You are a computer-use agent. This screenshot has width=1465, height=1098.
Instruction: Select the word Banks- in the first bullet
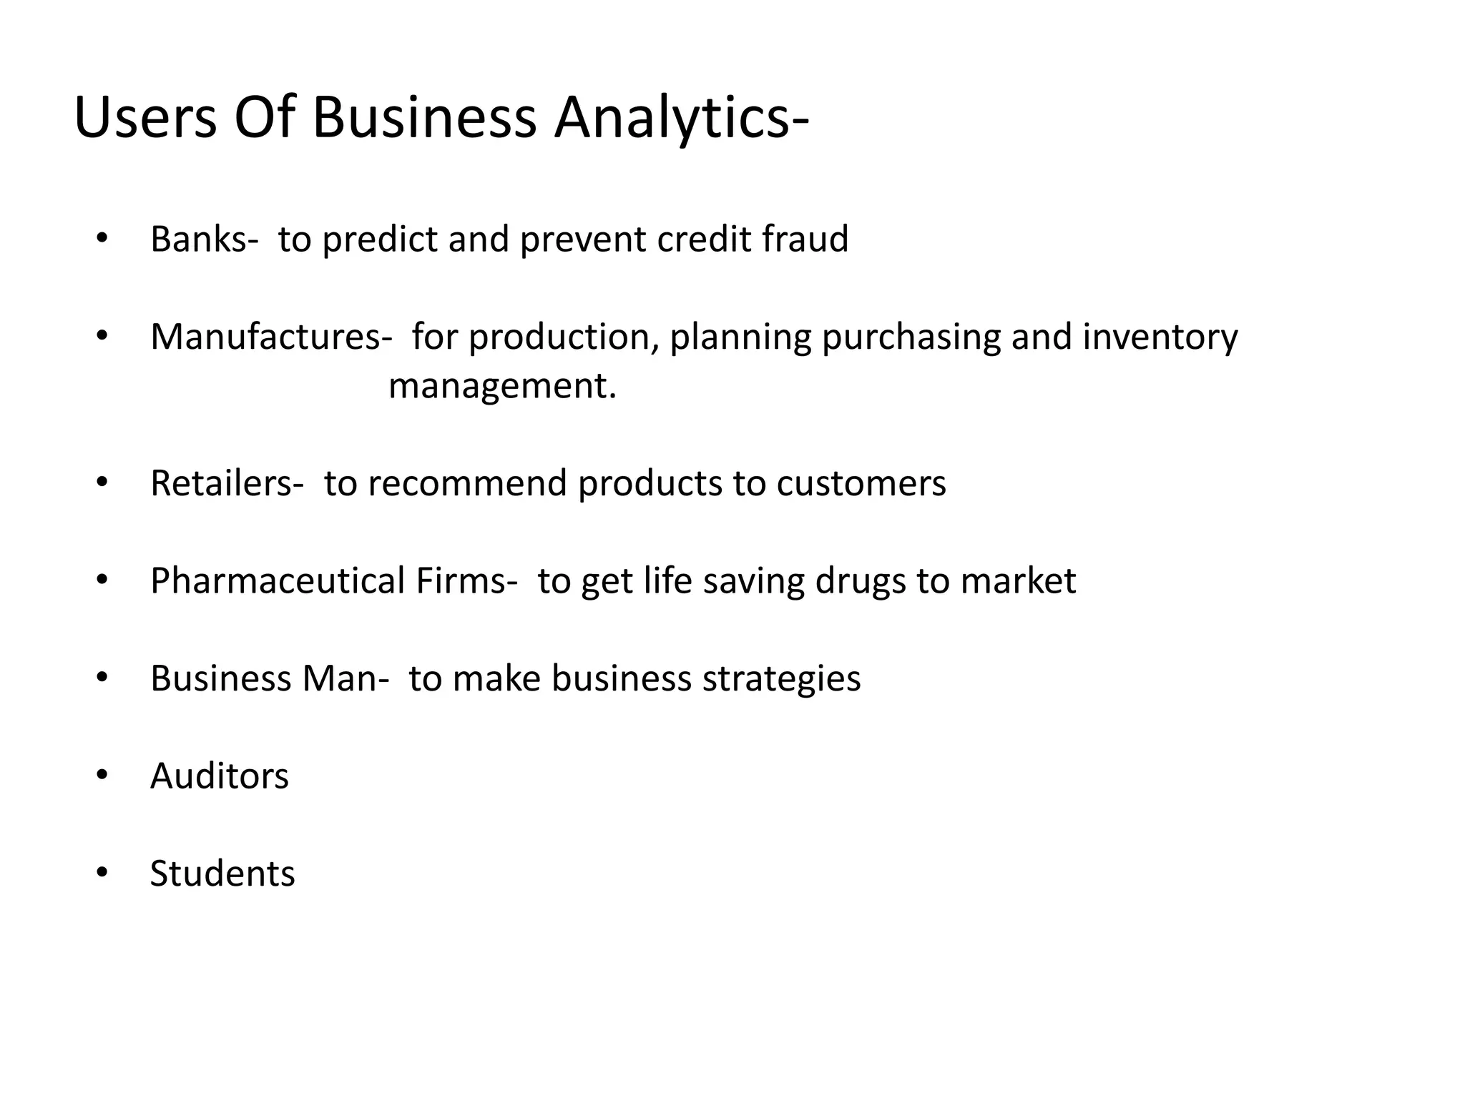click(205, 239)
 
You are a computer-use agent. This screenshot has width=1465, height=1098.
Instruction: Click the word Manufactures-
click(271, 337)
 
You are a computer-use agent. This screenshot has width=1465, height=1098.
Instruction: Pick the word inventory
click(1160, 337)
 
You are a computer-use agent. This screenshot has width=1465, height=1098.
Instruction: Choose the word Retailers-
click(227, 483)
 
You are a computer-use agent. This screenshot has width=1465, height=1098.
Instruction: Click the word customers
click(861, 483)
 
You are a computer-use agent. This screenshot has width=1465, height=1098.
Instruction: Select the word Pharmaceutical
click(278, 580)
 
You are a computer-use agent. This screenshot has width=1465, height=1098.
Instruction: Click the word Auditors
click(220, 776)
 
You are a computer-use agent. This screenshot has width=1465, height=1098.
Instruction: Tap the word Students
click(222, 874)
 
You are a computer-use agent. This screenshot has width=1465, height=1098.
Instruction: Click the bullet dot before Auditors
click(102, 776)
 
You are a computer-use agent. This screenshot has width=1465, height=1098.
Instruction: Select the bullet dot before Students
click(102, 874)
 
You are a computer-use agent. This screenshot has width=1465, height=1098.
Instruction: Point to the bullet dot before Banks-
click(102, 239)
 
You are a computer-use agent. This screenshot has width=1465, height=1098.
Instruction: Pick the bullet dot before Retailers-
click(102, 483)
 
